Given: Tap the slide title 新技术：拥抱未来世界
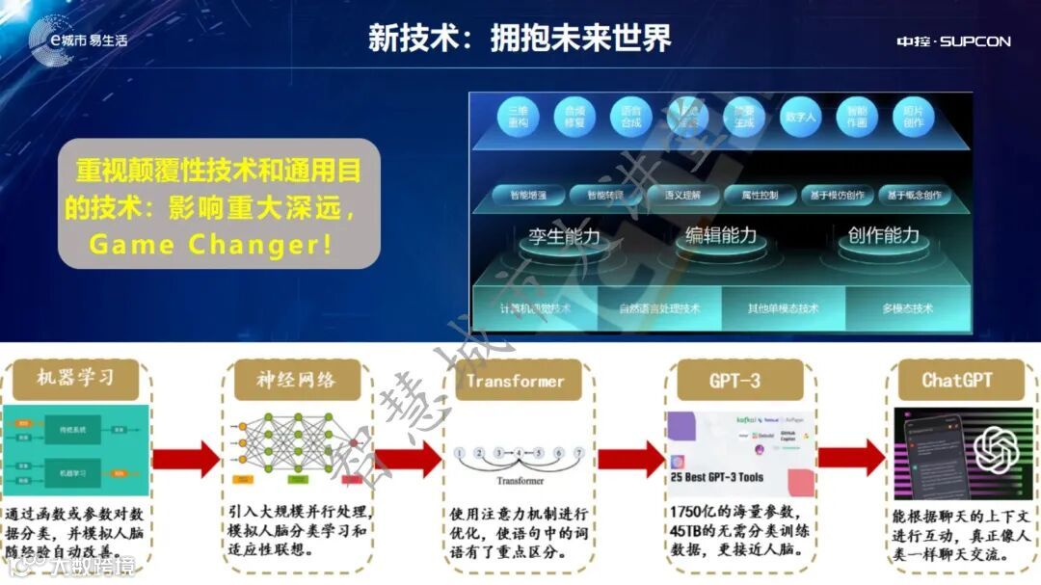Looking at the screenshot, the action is (x=520, y=38).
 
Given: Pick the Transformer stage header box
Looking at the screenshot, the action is (x=515, y=380).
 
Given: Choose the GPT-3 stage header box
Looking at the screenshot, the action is (x=734, y=380).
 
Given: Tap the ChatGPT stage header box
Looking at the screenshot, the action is (x=956, y=380).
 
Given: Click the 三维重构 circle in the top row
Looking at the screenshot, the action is (x=520, y=118).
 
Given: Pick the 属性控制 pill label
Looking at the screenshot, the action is (x=759, y=195).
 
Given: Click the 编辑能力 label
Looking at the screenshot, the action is (x=721, y=235).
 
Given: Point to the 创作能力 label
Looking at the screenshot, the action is (x=884, y=235).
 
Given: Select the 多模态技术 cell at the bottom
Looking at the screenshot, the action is (x=907, y=308).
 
